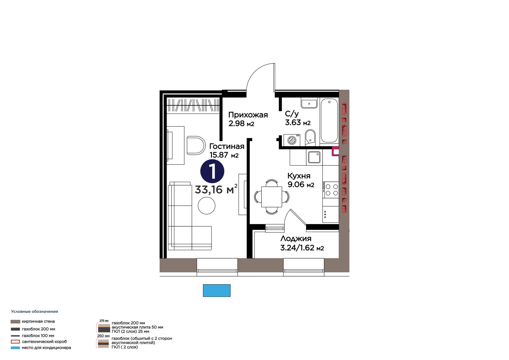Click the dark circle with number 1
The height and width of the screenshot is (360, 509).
click(x=212, y=171)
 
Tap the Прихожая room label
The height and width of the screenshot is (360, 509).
click(x=248, y=115)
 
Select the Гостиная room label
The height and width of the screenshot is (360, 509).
click(x=227, y=146)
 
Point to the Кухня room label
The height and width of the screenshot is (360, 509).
click(x=299, y=176)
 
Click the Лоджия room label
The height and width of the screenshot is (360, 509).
click(x=296, y=238)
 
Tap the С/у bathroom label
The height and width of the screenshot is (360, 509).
click(x=292, y=114)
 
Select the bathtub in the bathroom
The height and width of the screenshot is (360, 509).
click(x=329, y=121)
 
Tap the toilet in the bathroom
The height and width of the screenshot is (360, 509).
click(x=310, y=138)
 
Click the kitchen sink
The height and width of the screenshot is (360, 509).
click(x=314, y=157)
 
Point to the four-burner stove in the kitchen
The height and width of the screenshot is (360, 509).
click(x=331, y=190)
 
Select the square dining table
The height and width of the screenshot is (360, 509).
click(x=272, y=197)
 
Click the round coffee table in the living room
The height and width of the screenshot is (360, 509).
click(x=206, y=205)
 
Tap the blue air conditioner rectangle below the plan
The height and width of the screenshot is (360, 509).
click(x=217, y=290)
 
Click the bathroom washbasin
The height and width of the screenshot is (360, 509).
click(x=309, y=104)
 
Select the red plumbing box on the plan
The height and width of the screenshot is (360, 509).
click(x=335, y=151)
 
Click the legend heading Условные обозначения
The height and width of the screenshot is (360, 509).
click(x=34, y=312)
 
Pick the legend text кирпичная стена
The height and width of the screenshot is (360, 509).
click(x=38, y=321)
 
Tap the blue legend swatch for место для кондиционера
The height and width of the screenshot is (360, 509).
click(x=15, y=348)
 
